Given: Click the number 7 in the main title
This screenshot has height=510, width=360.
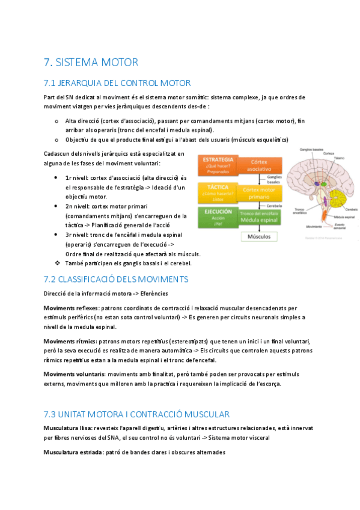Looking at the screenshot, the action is coord(47,62).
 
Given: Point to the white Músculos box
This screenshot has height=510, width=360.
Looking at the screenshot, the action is coord(259,236).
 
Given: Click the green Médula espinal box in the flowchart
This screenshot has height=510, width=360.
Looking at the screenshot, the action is coord(259,218).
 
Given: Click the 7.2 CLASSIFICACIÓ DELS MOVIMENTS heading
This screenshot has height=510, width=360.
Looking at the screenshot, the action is coord(116,279).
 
